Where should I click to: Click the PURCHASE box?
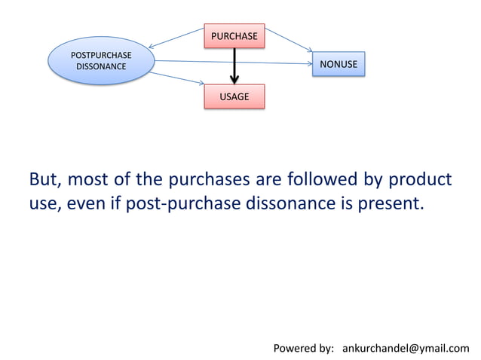pos(234,35)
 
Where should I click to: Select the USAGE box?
pos(234,97)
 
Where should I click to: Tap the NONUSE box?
pos(339,65)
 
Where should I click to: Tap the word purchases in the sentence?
pos(207,181)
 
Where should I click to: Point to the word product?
pos(419,181)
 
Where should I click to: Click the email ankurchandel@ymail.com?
pos(405,348)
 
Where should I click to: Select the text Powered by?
pos(303,348)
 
